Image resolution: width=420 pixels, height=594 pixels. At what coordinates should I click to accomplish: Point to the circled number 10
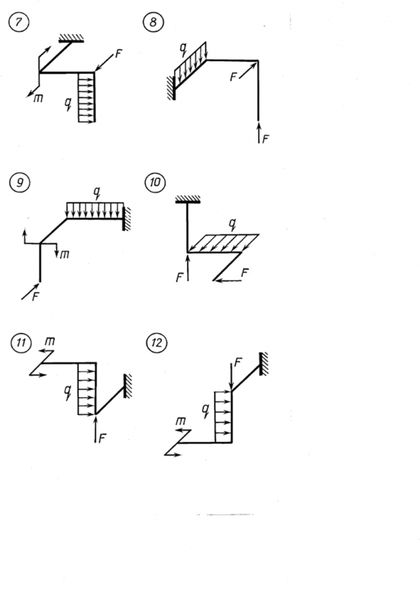pos(153,184)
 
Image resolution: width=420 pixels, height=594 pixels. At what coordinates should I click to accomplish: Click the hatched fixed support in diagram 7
pos(73,39)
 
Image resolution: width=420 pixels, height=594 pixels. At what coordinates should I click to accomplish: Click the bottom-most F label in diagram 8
pos(266,139)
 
